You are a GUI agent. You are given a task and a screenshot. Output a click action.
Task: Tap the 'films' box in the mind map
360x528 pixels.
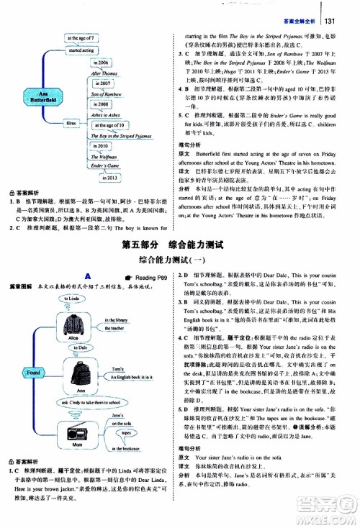71,124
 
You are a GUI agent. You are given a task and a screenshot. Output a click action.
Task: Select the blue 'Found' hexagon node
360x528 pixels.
34,373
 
